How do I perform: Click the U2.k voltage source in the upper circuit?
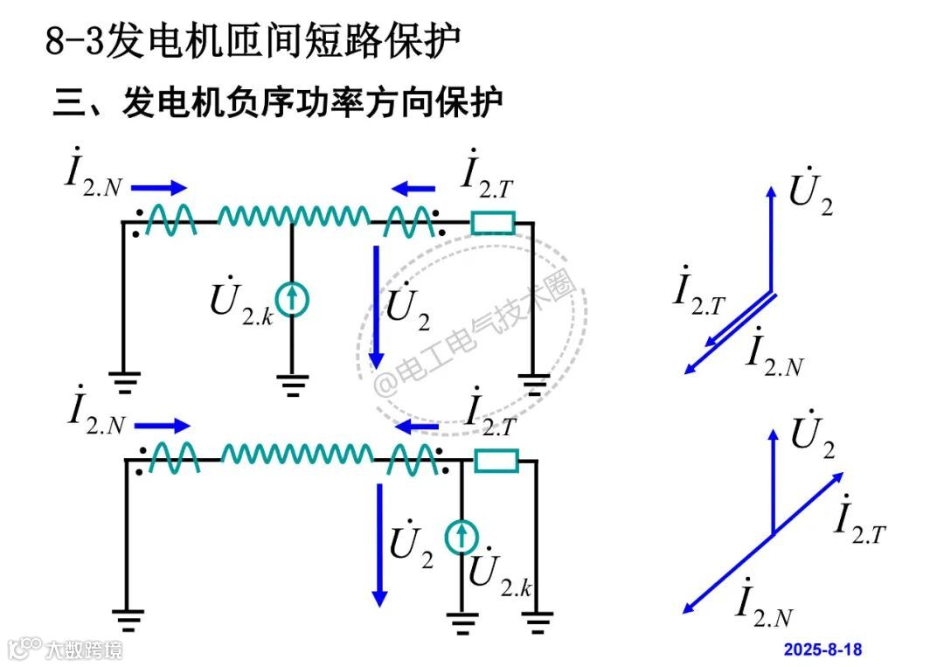pos(292,299)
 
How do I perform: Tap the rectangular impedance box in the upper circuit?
pos(493,223)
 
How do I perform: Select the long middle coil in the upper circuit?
pos(293,216)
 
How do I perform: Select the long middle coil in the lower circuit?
pos(296,454)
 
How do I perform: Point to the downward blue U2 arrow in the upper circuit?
pos(376,306)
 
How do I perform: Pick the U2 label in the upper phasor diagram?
pos(810,194)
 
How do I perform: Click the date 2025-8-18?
pos(823,649)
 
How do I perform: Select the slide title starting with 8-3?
pos(253,41)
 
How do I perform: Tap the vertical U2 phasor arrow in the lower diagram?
pos(773,481)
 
